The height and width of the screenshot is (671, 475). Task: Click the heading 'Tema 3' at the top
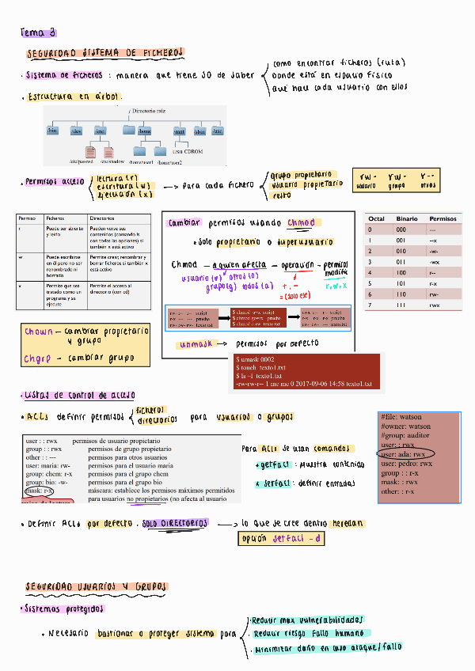(x=37, y=32)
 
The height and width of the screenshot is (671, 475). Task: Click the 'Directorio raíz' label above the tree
(x=149, y=112)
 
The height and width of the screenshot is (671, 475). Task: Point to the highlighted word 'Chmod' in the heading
(x=300, y=222)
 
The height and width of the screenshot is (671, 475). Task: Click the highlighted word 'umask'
(x=194, y=345)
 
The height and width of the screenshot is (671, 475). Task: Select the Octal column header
(x=376, y=218)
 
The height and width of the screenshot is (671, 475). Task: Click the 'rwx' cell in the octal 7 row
(x=434, y=305)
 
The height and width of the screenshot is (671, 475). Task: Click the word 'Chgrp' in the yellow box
(x=37, y=357)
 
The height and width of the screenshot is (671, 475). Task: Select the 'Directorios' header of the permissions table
(x=103, y=217)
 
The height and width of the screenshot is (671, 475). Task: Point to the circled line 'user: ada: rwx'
(x=405, y=454)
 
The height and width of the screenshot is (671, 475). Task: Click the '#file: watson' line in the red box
(x=401, y=417)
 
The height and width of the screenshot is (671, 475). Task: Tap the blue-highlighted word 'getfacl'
(x=272, y=464)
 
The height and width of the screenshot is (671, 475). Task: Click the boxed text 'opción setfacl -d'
(x=282, y=539)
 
